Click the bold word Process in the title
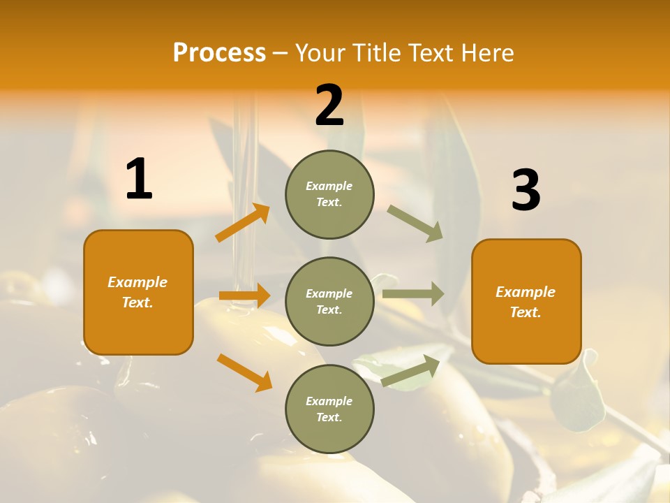(219, 53)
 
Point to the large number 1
(139, 180)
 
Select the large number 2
(329, 105)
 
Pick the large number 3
(526, 191)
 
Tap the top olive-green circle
(329, 194)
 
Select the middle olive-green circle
(329, 302)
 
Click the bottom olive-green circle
(329, 409)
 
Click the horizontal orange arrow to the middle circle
(244, 296)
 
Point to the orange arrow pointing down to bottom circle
(244, 372)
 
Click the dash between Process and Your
(281, 53)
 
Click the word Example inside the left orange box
(137, 282)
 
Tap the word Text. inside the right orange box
(526, 312)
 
